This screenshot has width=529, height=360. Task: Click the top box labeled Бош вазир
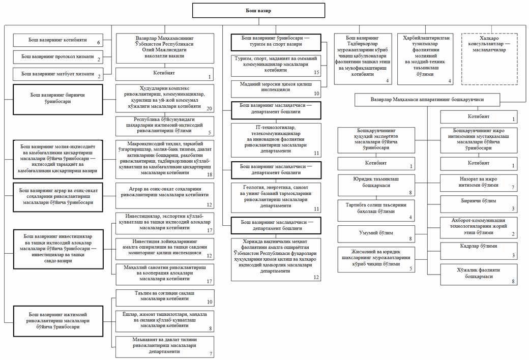tap(258, 11)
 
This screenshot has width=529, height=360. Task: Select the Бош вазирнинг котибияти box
tap(57, 40)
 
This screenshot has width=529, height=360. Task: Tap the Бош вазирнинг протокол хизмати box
tap(57, 56)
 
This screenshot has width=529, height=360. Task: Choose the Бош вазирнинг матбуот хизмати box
tap(57, 74)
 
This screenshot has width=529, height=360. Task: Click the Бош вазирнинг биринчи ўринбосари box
tap(57, 99)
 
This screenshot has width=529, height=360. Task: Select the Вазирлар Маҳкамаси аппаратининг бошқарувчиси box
tap(427, 100)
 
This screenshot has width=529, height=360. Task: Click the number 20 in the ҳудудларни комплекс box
tap(209, 109)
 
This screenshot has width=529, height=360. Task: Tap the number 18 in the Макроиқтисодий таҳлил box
tap(210, 175)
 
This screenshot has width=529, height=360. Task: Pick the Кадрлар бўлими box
tap(479, 251)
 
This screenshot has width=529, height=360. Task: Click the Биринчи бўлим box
tap(479, 204)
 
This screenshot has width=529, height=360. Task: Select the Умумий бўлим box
tap(376, 234)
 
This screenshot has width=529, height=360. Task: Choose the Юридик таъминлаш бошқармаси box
tap(376, 185)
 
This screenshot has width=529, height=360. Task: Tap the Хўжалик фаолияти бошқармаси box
tap(479, 275)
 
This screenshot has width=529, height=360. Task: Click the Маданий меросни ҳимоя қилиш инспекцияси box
tap(276, 89)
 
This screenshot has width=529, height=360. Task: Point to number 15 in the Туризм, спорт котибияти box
tap(316, 73)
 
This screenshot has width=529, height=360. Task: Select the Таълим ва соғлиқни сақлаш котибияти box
tap(165, 297)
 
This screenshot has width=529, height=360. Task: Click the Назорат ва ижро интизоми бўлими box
tap(479, 183)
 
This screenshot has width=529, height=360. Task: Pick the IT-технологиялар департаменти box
tap(276, 140)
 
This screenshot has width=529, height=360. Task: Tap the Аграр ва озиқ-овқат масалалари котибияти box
tap(165, 196)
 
